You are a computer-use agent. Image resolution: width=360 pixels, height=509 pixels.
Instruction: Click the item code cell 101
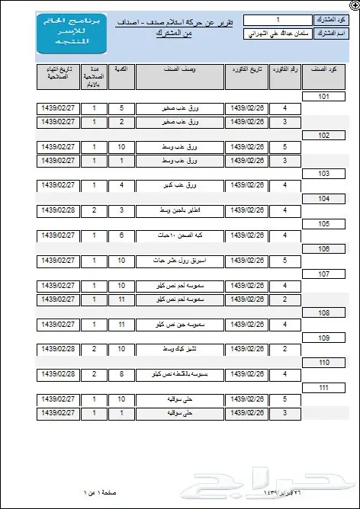[x=323, y=97]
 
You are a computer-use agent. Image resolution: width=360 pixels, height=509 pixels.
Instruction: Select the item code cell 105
[x=323, y=223]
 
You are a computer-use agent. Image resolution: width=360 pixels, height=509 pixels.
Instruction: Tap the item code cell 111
[x=323, y=387]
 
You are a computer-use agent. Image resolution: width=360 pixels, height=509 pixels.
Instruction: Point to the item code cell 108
[x=323, y=312]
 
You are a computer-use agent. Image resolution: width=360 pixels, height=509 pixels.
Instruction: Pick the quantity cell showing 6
[x=121, y=235]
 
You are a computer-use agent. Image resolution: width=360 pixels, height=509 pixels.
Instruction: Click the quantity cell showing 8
[x=121, y=374]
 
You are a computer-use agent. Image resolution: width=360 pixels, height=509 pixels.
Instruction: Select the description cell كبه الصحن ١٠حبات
[x=180, y=235]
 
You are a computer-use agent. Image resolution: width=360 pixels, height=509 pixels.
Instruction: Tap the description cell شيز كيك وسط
[x=180, y=349]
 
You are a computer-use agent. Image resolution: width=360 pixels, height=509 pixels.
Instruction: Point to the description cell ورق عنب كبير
[x=180, y=185]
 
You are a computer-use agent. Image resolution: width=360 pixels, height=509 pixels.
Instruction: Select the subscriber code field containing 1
[x=278, y=20]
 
